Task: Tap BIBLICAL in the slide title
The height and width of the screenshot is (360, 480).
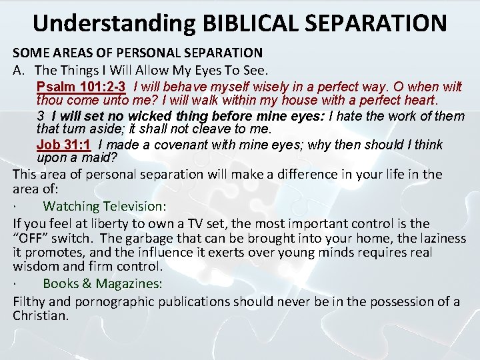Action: point(241,22)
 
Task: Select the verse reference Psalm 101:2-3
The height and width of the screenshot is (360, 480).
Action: point(82,86)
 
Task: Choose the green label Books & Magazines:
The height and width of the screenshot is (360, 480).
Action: point(102,283)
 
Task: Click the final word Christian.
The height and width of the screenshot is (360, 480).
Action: point(41,315)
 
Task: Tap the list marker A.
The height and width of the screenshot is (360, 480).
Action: point(19,69)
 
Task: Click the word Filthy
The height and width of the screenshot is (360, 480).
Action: point(29,301)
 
